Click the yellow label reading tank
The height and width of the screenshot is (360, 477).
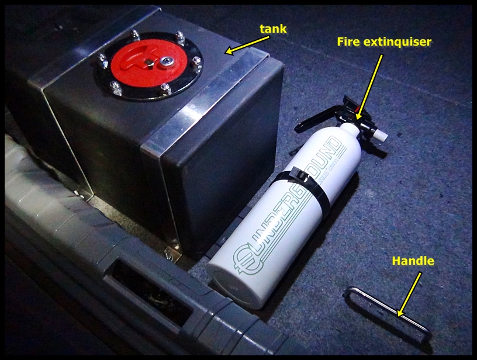pyautogui.click(x=273, y=29)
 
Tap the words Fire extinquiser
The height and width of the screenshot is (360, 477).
pyautogui.click(x=384, y=41)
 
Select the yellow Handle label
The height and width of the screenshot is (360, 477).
pyautogui.click(x=413, y=261)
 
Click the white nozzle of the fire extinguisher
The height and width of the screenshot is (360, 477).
pyautogui.click(x=381, y=133)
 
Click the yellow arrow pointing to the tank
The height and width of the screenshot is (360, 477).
pyautogui.click(x=248, y=46)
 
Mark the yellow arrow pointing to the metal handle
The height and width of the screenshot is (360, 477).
pyautogui.click(x=409, y=295)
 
